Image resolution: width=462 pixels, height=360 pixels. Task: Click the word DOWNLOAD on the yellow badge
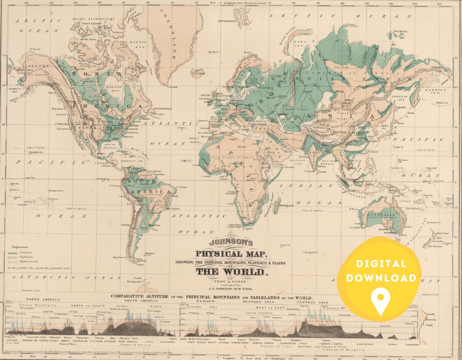380,278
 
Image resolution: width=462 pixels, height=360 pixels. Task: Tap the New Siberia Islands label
402,32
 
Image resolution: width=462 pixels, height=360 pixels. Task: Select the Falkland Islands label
150,254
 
